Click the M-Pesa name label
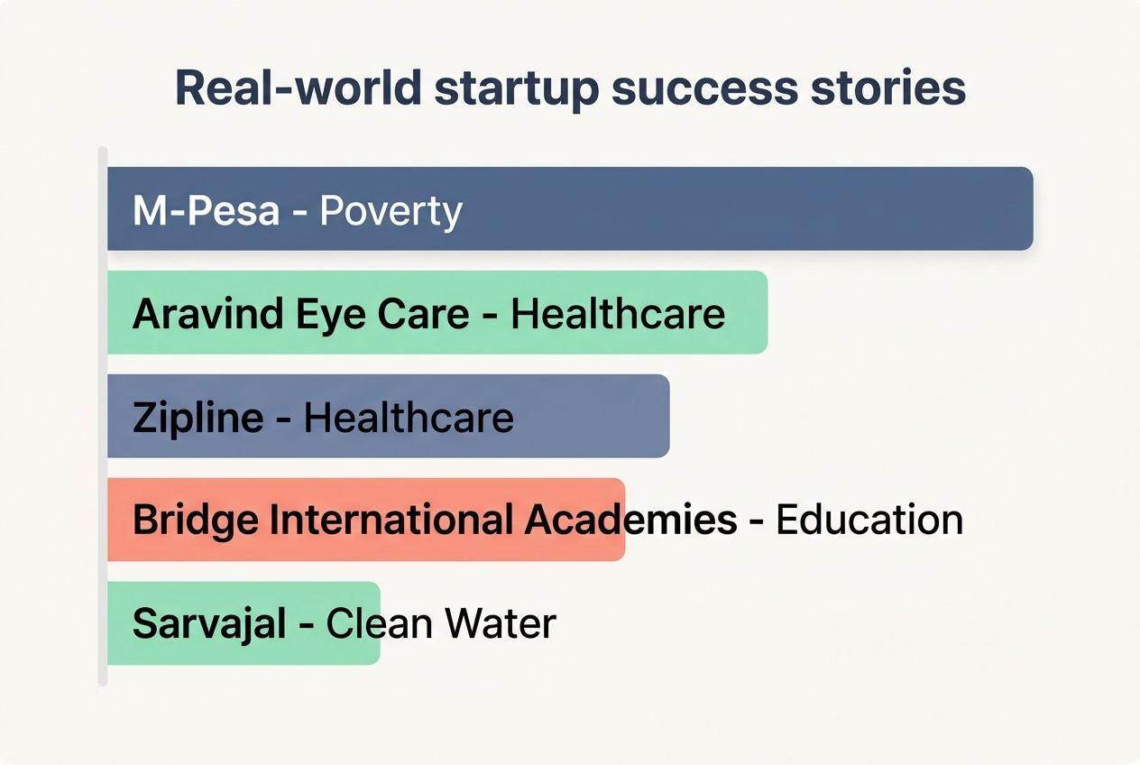click(x=206, y=210)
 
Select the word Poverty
click(x=391, y=210)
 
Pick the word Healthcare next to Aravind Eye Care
click(x=618, y=314)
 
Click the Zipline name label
click(x=198, y=418)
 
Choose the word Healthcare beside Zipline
click(x=409, y=418)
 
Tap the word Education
click(x=869, y=521)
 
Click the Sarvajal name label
click(x=209, y=624)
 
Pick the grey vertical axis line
click(x=103, y=416)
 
